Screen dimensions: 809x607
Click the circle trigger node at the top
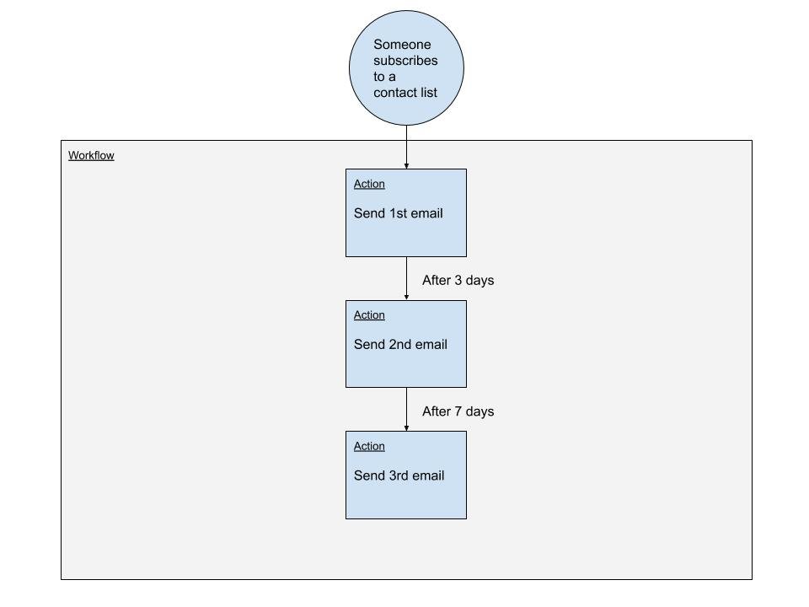click(x=406, y=67)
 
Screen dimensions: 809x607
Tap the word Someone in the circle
click(x=402, y=45)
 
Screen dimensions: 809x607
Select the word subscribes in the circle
click(x=405, y=61)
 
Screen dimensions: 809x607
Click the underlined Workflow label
click(x=91, y=155)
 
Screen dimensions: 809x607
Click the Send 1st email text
click(x=399, y=213)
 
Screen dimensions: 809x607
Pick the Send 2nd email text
click(x=400, y=344)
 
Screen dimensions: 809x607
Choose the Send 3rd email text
click(x=399, y=475)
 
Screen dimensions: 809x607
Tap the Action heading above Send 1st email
click(x=369, y=184)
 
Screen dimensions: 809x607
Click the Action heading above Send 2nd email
click(x=369, y=314)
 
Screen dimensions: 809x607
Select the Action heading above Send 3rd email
click(x=369, y=446)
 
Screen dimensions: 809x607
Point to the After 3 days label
click(x=458, y=280)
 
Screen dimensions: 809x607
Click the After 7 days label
click(x=458, y=411)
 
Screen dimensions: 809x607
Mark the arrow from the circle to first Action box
click(x=406, y=147)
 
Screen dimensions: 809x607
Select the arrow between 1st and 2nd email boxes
click(x=406, y=278)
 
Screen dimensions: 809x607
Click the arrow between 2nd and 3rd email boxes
click(x=406, y=410)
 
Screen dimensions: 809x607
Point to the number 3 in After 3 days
click(x=458, y=280)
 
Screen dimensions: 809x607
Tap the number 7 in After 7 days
click(x=458, y=411)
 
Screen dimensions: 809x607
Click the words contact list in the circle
click(x=405, y=93)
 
